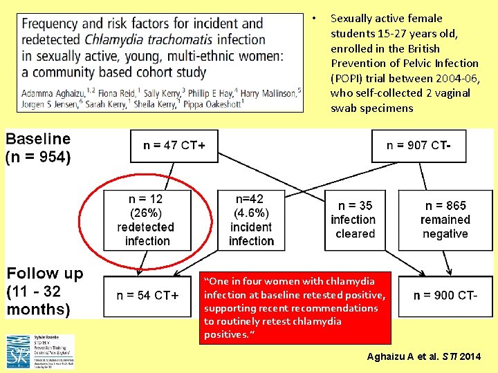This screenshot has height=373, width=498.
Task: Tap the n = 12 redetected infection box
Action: point(146,220)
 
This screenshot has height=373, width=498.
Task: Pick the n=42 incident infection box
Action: point(251,220)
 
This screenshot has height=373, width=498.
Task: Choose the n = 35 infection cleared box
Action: point(355,220)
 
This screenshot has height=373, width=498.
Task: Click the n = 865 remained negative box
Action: point(445,220)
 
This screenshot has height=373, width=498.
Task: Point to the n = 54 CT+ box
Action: point(147,296)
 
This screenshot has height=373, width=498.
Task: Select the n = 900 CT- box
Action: point(445,296)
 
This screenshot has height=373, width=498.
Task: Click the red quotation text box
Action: point(295,307)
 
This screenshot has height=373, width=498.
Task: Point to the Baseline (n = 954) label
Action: point(39,147)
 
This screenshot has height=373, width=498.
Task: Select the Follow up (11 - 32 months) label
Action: point(45,291)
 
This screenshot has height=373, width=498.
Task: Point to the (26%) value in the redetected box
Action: point(146,213)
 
